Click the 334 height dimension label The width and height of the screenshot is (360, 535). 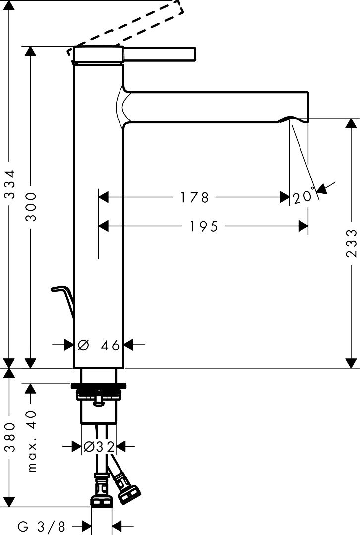[x=10, y=189]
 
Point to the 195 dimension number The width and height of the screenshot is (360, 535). [x=203, y=227]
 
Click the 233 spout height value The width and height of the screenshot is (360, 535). [x=351, y=243]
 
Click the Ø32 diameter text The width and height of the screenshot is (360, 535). [x=100, y=447]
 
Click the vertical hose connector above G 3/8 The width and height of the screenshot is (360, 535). [x=101, y=491]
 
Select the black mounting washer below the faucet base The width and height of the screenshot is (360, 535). [x=99, y=385]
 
